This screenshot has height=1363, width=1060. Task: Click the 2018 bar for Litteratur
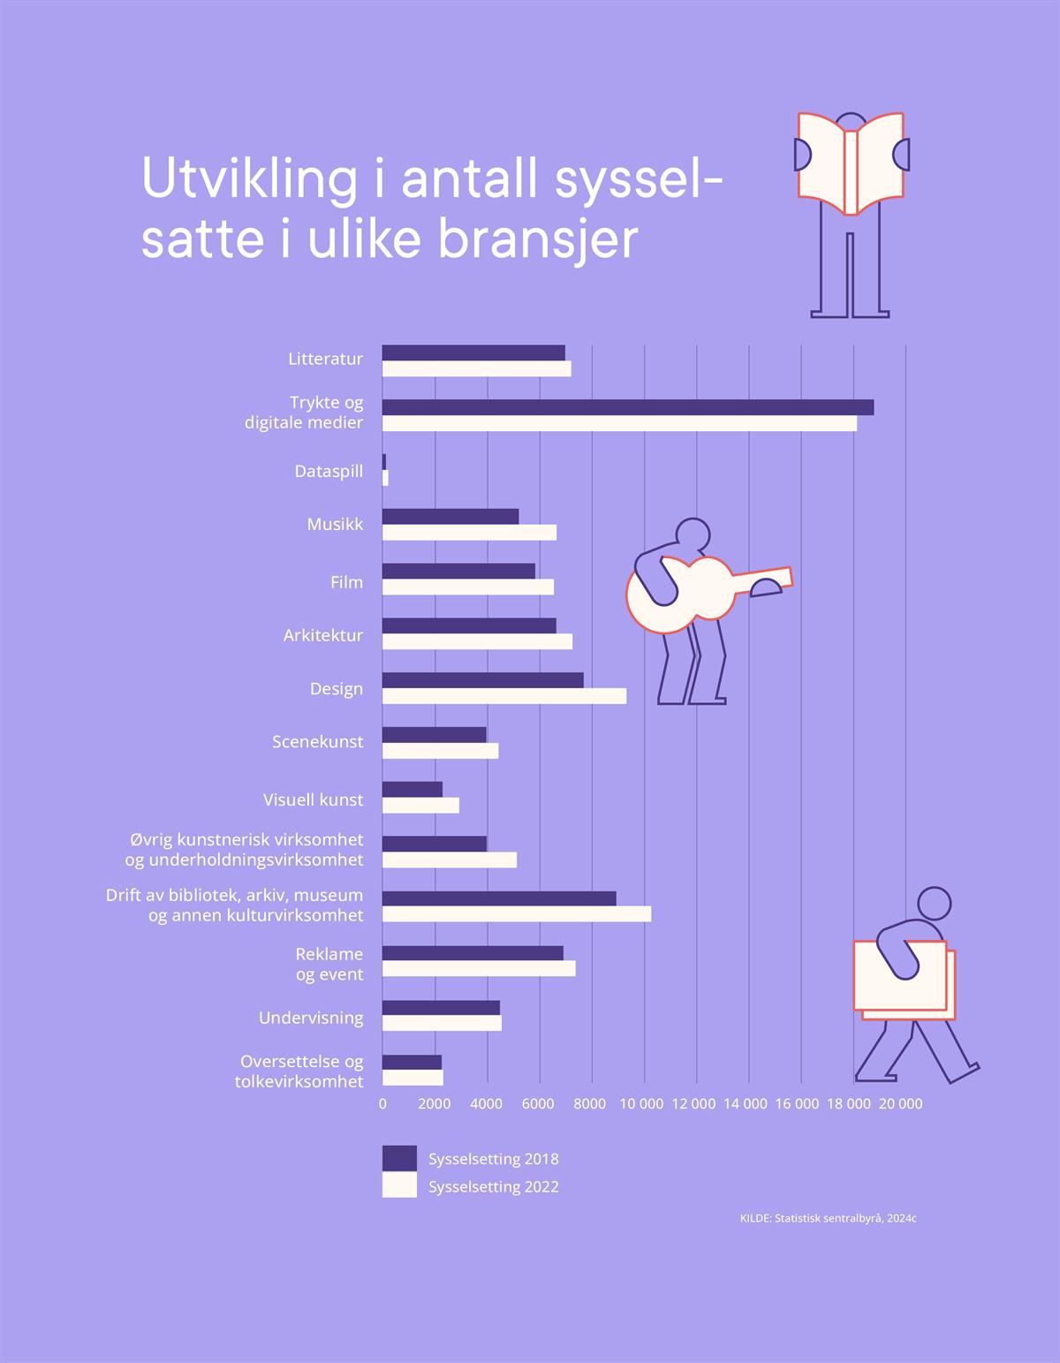click(473, 352)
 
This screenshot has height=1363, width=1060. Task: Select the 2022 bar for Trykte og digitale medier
click(619, 424)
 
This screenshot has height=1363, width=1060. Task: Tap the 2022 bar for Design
click(504, 696)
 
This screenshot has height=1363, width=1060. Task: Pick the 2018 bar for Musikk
click(450, 517)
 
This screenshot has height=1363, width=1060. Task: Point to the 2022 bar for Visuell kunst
click(420, 805)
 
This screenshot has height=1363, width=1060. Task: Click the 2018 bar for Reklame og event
click(473, 953)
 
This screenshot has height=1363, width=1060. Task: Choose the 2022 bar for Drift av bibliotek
click(517, 914)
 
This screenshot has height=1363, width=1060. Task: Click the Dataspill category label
click(329, 472)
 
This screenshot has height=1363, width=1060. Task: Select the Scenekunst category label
click(317, 742)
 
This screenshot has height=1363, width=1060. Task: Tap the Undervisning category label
click(311, 1018)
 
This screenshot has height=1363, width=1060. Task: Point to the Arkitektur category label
click(322, 635)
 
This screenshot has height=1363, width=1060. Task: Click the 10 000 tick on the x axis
click(641, 1104)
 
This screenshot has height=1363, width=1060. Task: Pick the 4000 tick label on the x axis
click(485, 1104)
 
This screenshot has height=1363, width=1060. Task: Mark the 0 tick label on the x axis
click(382, 1104)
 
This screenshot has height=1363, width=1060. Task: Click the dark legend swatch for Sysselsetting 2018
click(399, 1158)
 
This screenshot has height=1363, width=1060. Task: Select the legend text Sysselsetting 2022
click(493, 1186)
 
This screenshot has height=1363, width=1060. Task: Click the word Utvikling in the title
click(249, 179)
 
